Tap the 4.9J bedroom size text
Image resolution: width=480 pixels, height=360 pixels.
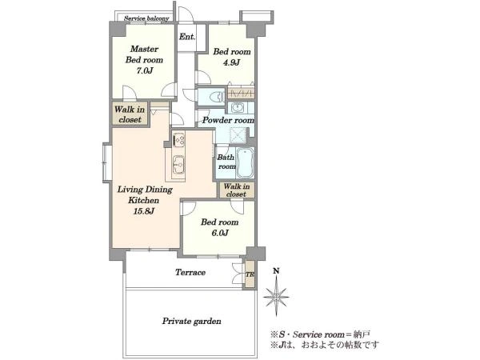tap(231, 62)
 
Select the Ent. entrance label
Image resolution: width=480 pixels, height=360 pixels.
tap(186, 37)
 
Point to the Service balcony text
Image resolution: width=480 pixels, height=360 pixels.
tap(146, 18)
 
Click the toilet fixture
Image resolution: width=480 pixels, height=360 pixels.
tap(216, 97)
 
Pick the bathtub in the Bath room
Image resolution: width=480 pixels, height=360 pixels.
tap(246, 163)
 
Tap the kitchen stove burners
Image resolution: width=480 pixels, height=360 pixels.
tap(178, 140)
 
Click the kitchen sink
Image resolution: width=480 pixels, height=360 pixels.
tap(178, 164)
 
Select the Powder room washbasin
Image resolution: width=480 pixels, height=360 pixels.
tap(238, 108)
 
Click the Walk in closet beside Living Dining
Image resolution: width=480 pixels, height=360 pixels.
tap(130, 114)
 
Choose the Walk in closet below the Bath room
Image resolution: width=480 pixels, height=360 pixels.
tap(236, 190)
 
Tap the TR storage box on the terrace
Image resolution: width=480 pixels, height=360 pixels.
tap(250, 274)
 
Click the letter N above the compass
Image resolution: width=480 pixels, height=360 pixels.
tap(276, 270)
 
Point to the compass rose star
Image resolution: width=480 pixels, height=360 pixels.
tap(276, 296)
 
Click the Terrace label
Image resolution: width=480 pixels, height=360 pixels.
tap(190, 272)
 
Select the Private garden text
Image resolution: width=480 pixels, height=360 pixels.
tap(192, 321)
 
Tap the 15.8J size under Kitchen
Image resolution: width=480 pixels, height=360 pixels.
tap(143, 211)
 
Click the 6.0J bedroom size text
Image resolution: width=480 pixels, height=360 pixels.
tap(219, 233)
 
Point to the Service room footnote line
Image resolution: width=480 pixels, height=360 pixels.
tap(321, 334)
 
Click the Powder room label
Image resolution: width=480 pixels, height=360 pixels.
tap(228, 120)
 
